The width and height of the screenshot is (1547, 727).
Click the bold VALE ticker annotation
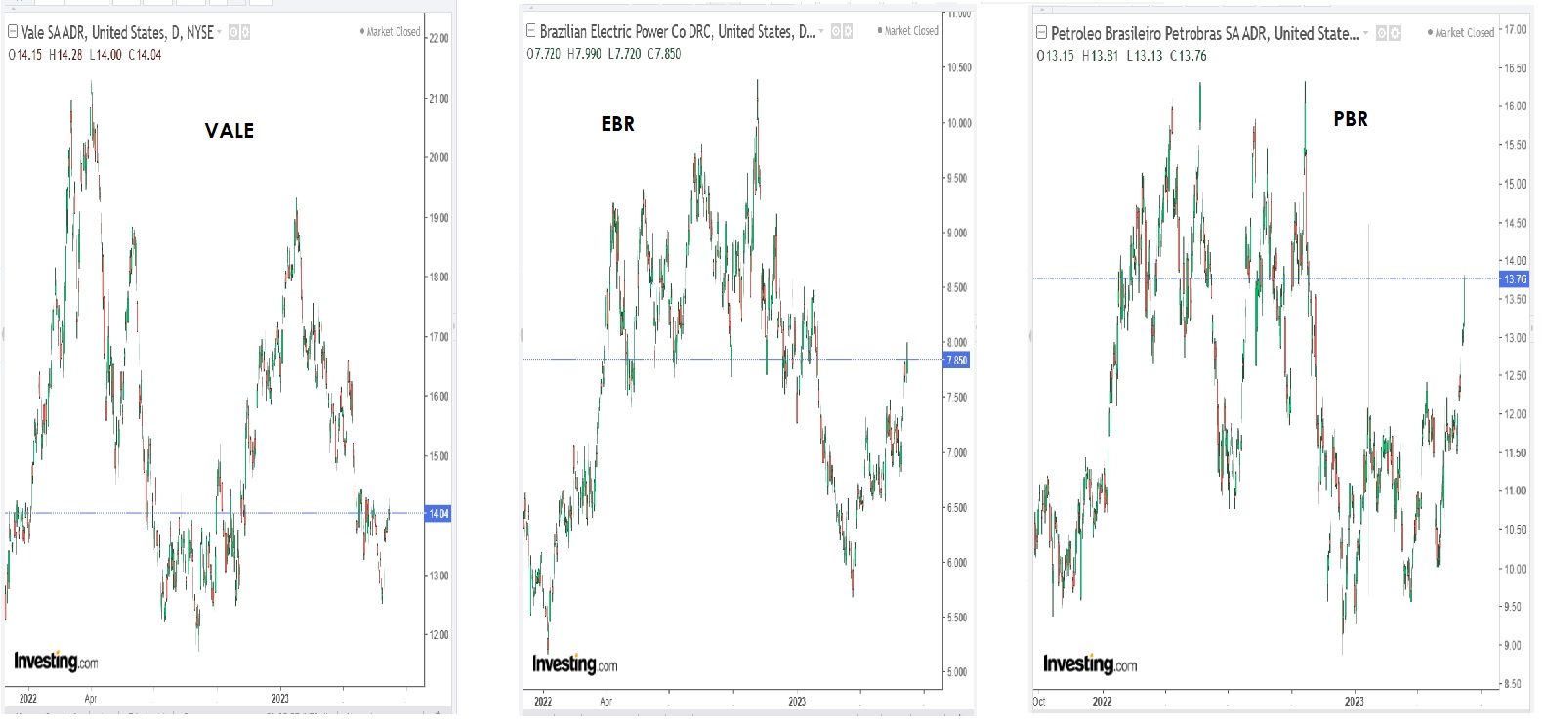click(230, 131)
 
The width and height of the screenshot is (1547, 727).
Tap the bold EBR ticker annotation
click(617, 124)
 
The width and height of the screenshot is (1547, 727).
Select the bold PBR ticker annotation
click(1351, 119)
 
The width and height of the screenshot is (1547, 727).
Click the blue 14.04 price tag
click(439, 513)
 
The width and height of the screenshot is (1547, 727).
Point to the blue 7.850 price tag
click(957, 361)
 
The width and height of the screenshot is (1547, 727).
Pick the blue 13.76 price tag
click(1514, 279)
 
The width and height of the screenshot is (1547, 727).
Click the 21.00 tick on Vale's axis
click(439, 99)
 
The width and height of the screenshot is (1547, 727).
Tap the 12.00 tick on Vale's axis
click(439, 635)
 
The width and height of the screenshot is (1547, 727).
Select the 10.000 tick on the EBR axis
click(959, 123)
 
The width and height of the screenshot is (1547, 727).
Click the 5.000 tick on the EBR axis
click(957, 672)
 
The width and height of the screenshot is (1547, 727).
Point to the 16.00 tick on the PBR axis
click(1515, 107)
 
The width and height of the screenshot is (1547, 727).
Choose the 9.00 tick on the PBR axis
click(1513, 645)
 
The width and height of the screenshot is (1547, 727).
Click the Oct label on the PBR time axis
click(1039, 702)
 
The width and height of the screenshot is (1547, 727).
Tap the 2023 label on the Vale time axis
click(280, 699)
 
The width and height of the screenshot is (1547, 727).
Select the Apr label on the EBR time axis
click(606, 702)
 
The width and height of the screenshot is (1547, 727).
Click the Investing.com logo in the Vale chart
click(56, 662)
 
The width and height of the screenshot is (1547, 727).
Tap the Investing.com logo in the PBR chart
click(1090, 664)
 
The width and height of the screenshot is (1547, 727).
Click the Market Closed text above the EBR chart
click(910, 31)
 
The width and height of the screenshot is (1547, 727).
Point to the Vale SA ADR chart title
click(116, 32)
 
